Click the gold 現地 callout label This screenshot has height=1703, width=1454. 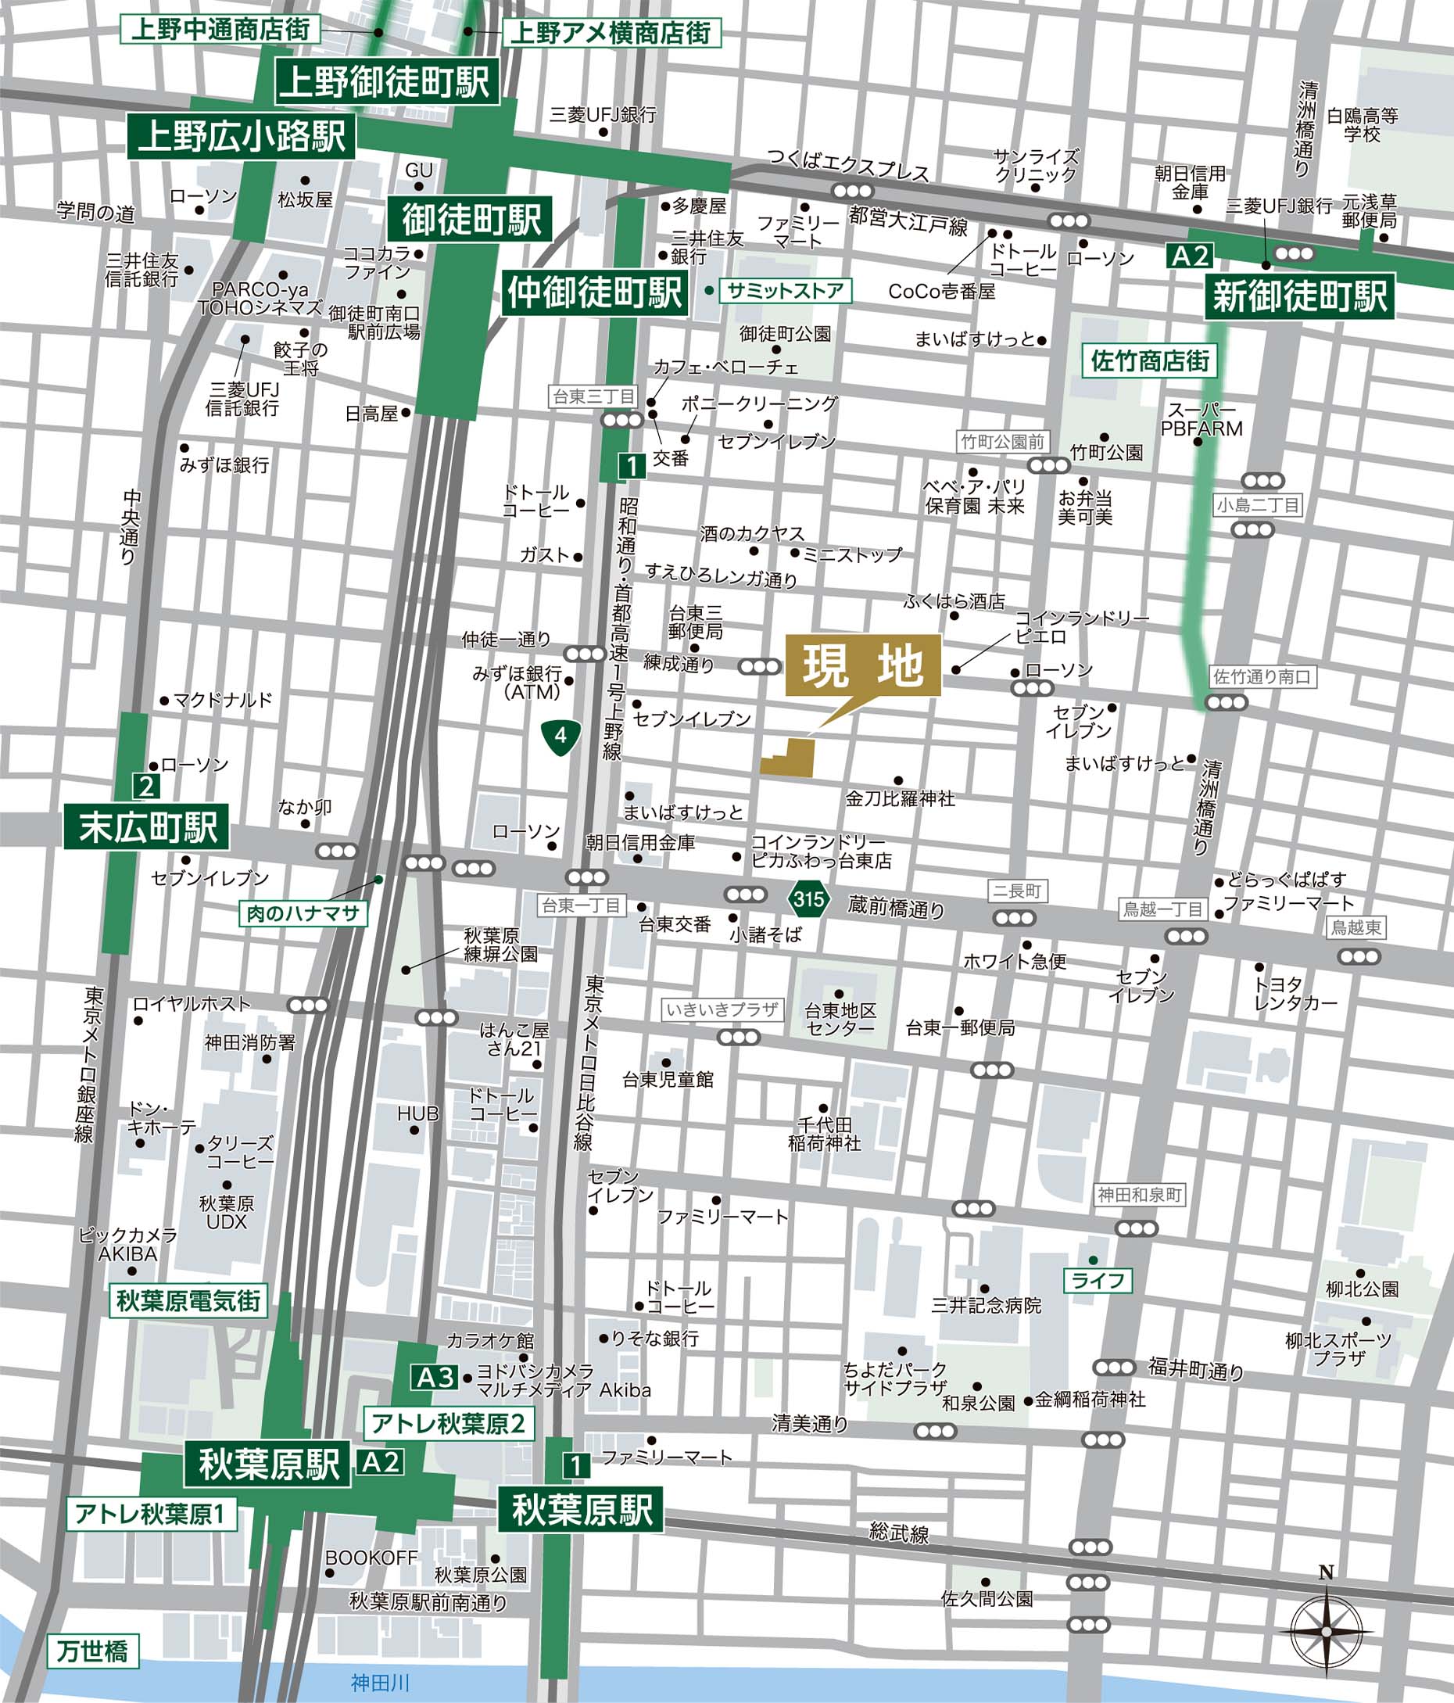pyautogui.click(x=862, y=665)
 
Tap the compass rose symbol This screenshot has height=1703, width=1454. pyautogui.click(x=1326, y=1630)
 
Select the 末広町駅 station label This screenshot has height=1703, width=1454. pyautogui.click(x=146, y=826)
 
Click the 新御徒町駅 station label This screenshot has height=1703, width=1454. pyautogui.click(x=1299, y=296)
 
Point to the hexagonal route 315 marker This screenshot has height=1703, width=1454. pyautogui.click(x=808, y=898)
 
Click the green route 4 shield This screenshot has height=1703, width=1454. pyautogui.click(x=561, y=735)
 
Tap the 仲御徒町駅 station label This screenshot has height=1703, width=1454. pyautogui.click(x=593, y=292)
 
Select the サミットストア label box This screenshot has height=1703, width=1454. pyautogui.click(x=785, y=290)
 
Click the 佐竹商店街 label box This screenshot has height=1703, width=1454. pyautogui.click(x=1149, y=360)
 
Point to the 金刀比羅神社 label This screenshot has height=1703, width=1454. pyautogui.click(x=900, y=798)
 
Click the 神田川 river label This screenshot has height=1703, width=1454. pyautogui.click(x=380, y=1683)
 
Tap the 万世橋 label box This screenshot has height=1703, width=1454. pyautogui.click(x=92, y=1651)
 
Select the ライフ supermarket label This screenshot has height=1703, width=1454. pyautogui.click(x=1098, y=1280)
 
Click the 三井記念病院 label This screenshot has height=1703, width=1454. pyautogui.click(x=986, y=1305)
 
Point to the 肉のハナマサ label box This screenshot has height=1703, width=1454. pyautogui.click(x=303, y=913)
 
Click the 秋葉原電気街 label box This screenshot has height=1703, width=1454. pyautogui.click(x=188, y=1300)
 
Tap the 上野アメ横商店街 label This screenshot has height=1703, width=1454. pyautogui.click(x=611, y=33)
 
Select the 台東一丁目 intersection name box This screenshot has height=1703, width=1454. pyautogui.click(x=581, y=905)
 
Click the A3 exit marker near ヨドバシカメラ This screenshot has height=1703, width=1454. pyautogui.click(x=435, y=1377)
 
